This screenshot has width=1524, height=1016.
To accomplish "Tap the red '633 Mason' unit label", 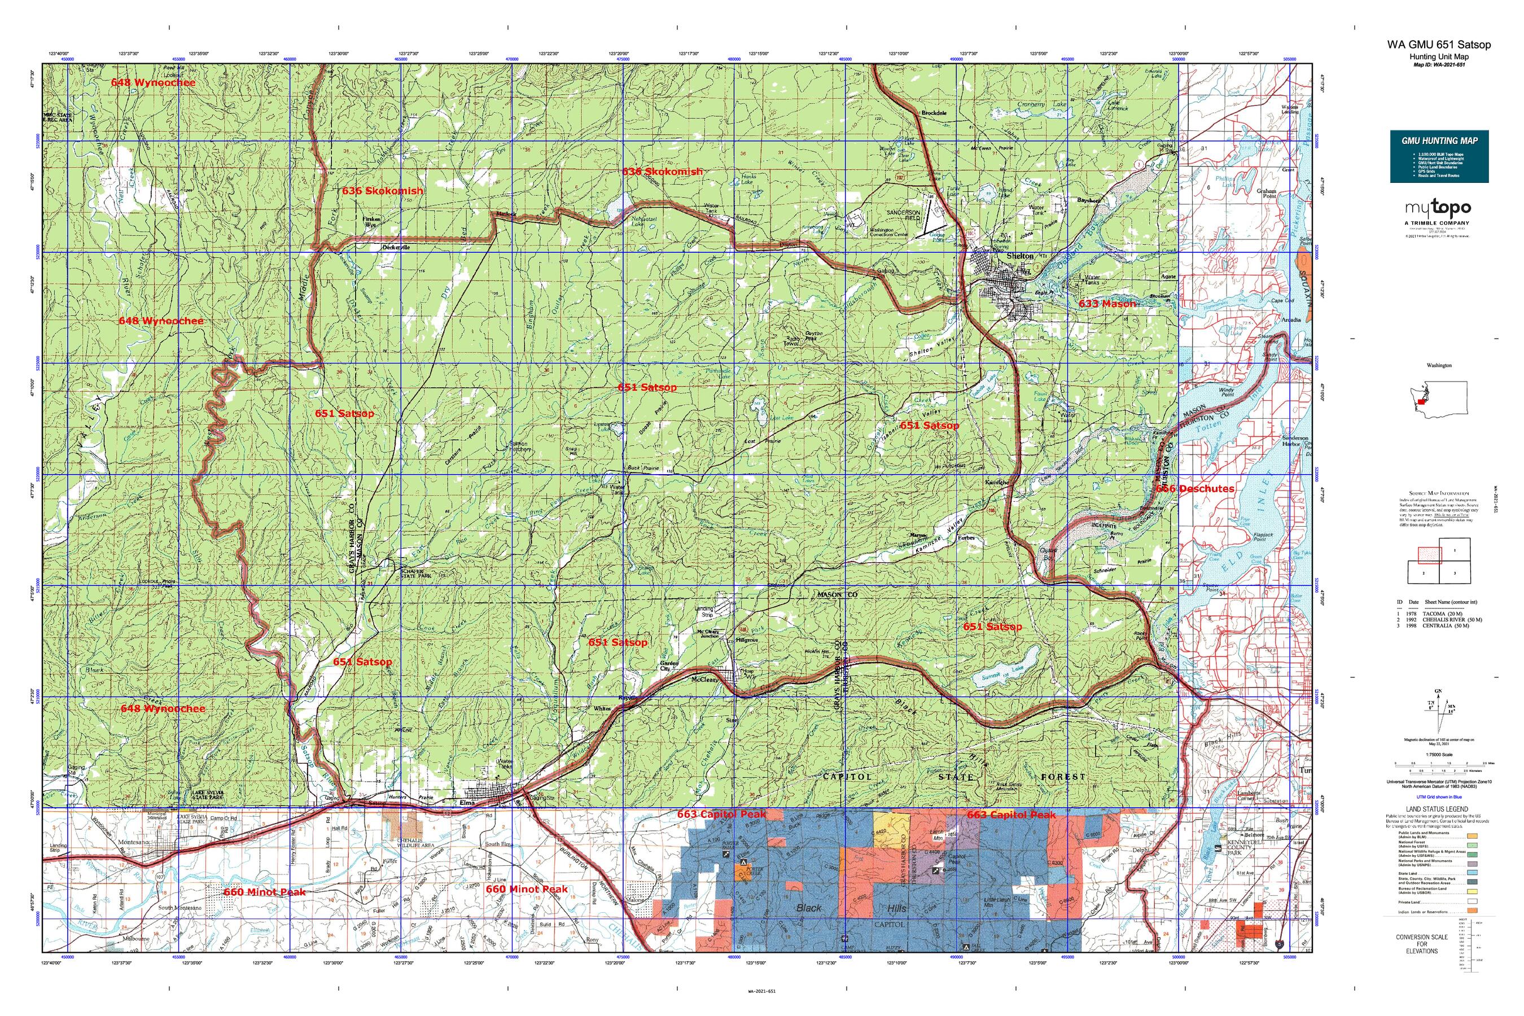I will [1107, 303].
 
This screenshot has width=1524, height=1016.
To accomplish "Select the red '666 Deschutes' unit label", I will [1195, 489].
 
